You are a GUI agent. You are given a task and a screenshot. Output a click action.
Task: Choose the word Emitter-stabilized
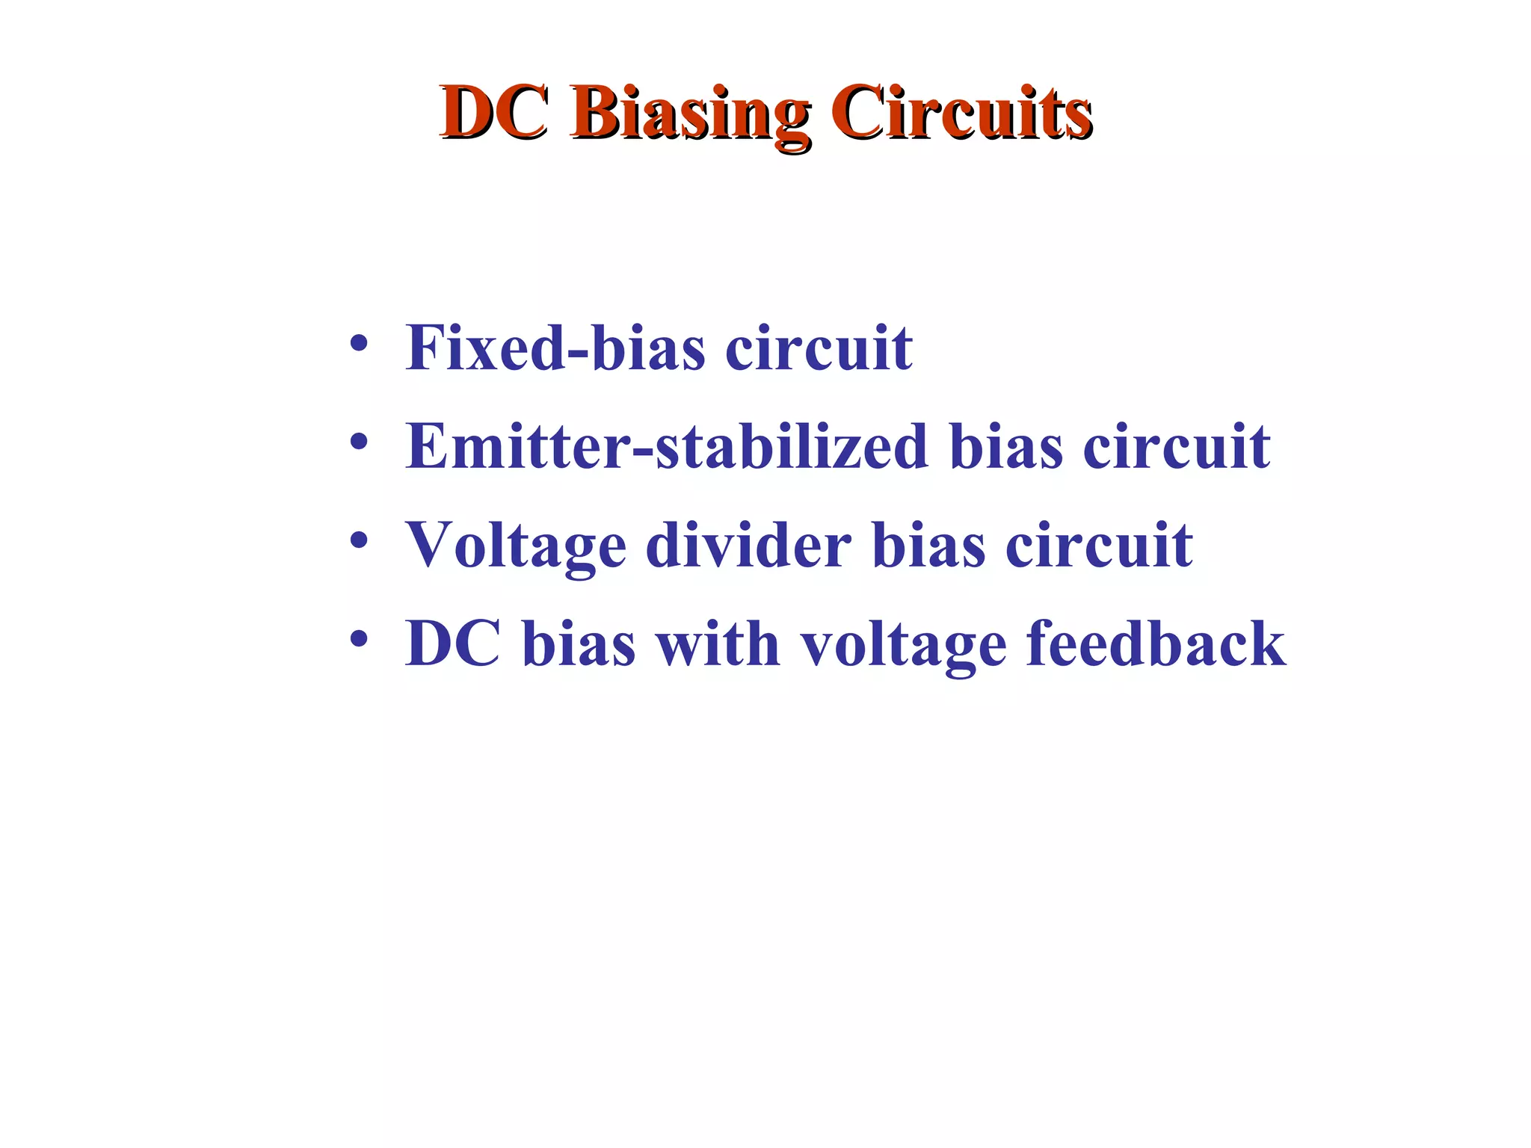tap(666, 446)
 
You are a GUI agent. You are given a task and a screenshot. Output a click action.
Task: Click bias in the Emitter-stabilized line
tap(1005, 446)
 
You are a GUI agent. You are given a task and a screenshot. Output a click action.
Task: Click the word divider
tap(748, 545)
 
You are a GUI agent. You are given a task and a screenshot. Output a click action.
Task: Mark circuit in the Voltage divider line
tap(1099, 545)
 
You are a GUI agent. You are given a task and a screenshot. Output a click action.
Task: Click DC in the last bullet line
tap(452, 644)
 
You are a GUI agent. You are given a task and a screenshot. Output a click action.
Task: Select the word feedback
tap(1156, 644)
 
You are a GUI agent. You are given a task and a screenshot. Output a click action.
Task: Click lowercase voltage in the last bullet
tap(904, 645)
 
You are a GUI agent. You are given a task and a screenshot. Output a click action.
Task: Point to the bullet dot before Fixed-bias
tap(359, 344)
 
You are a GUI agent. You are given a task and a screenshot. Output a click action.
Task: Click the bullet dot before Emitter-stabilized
tap(359, 442)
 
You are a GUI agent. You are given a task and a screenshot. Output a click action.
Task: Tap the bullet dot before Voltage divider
tap(359, 540)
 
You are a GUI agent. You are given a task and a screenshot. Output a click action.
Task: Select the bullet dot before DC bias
tap(359, 639)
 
